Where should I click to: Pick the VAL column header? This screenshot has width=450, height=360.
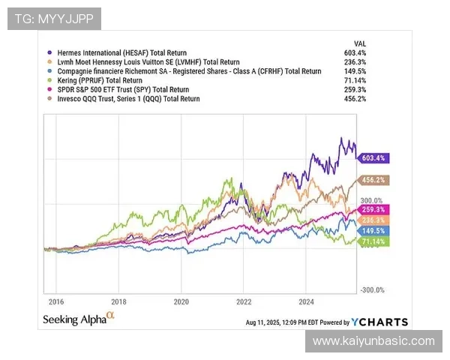tap(359, 43)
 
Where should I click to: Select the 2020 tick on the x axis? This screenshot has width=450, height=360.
tap(181, 301)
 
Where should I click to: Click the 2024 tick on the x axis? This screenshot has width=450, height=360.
tap(305, 301)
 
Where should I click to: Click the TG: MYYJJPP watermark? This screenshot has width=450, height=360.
tap(54, 19)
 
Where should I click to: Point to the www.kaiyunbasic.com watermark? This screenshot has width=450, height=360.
tap(373, 341)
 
